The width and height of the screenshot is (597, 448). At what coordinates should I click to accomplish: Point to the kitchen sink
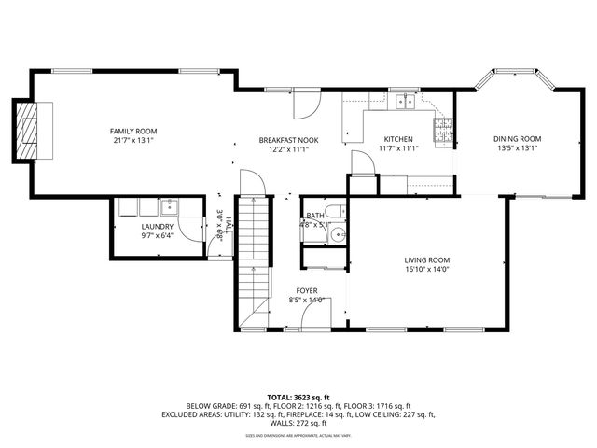(x=404, y=102)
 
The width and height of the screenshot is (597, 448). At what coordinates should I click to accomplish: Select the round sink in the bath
(x=340, y=236)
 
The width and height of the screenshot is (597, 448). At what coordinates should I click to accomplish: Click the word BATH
(x=315, y=216)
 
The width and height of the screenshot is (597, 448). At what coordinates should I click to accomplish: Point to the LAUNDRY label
(x=157, y=227)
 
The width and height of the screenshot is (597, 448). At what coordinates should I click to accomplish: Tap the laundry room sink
(x=171, y=206)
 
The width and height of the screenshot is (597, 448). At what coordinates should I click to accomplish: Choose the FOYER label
(x=307, y=291)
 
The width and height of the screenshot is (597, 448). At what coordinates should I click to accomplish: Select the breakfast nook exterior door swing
(x=302, y=105)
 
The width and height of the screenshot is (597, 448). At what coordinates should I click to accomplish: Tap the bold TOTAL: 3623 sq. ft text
(x=298, y=395)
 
